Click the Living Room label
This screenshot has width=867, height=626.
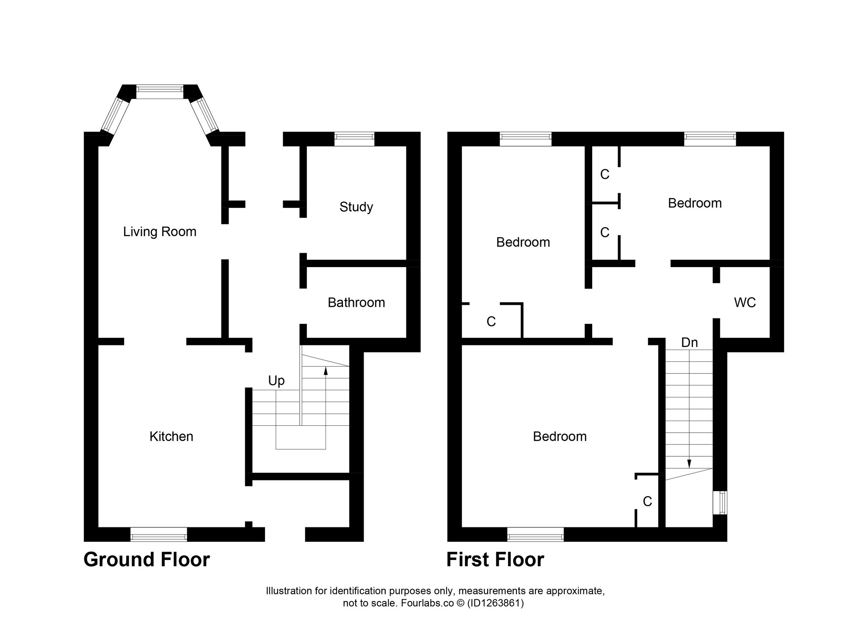pyautogui.click(x=160, y=232)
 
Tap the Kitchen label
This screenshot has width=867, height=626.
pyautogui.click(x=171, y=436)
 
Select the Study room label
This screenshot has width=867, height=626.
pyautogui.click(x=356, y=207)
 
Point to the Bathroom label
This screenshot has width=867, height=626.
pyautogui.click(x=356, y=303)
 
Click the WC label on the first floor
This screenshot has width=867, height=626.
pyautogui.click(x=745, y=303)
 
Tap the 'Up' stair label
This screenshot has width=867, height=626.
pyautogui.click(x=276, y=381)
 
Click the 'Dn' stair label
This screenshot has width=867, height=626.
pyautogui.click(x=689, y=342)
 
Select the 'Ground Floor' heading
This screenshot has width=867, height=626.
pyautogui.click(x=146, y=560)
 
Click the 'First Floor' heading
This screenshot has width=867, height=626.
pyautogui.click(x=495, y=560)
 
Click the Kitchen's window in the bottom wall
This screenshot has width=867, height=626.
pyautogui.click(x=159, y=534)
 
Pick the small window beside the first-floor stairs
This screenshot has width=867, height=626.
pyautogui.click(x=720, y=503)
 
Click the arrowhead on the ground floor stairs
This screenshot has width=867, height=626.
pyautogui.click(x=326, y=371)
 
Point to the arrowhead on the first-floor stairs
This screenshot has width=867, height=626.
pyautogui.click(x=689, y=463)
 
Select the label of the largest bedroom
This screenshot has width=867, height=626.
pyautogui.click(x=560, y=436)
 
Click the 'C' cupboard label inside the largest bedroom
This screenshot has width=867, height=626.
pyautogui.click(x=647, y=502)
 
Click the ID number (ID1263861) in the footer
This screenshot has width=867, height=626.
pyautogui.click(x=495, y=615)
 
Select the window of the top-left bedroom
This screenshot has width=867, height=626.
pyautogui.click(x=525, y=139)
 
